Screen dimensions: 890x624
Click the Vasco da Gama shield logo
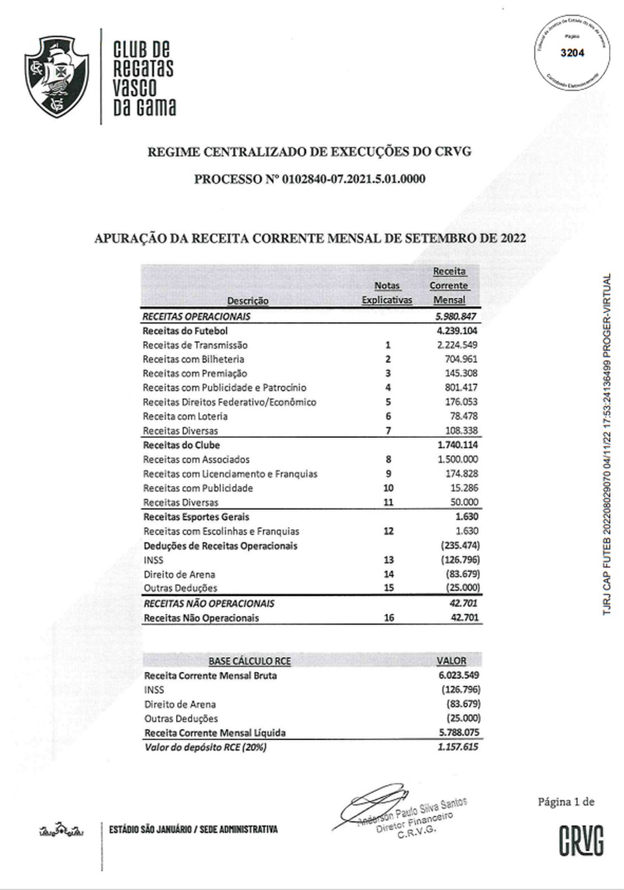(57, 76)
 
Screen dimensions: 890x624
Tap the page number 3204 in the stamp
(572, 53)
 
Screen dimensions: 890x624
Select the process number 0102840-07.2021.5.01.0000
(354, 179)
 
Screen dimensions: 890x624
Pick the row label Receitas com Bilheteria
(193, 359)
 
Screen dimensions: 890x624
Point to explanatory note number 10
(388, 488)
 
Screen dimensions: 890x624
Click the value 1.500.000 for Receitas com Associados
(457, 459)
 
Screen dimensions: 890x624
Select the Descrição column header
(248, 300)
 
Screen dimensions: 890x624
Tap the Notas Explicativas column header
(387, 292)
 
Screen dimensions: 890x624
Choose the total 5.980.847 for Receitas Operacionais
(457, 316)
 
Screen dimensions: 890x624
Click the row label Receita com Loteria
(185, 416)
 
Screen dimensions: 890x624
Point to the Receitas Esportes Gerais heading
(196, 517)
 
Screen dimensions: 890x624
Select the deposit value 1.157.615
(457, 746)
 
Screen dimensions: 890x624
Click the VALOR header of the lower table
(451, 660)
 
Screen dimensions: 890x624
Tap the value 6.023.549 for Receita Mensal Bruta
(459, 675)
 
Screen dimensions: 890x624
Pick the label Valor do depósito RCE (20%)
(205, 747)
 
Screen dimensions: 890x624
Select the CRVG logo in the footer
(581, 840)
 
